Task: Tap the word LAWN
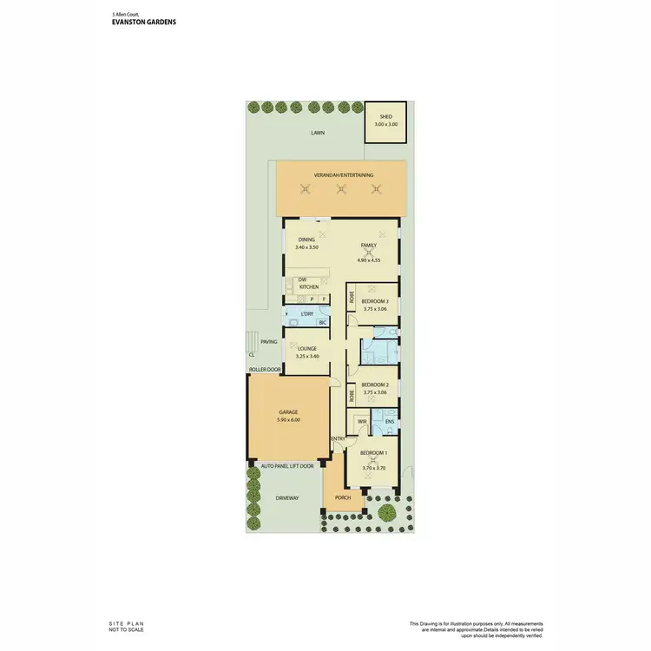[319, 133]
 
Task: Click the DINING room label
[306, 240]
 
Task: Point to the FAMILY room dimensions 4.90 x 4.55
[369, 260]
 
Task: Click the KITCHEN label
[308, 286]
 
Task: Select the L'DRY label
[306, 314]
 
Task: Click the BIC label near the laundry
[323, 323]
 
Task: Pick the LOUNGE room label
[307, 349]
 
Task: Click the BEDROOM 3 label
[375, 301]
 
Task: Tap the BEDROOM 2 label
[375, 384]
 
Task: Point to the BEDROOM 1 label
[374, 453]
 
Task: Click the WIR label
[362, 422]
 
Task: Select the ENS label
[390, 422]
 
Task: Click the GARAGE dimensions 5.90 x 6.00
[289, 420]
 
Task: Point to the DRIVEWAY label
[286, 498]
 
